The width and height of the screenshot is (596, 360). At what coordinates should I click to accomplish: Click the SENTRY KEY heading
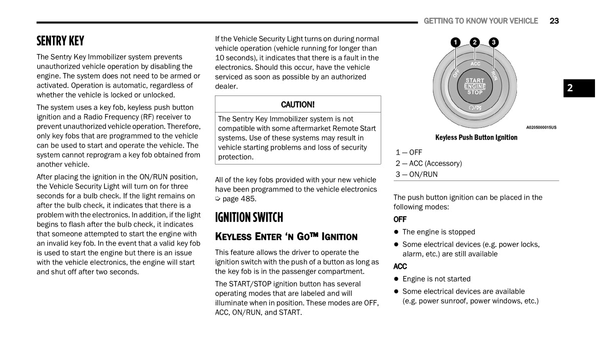(61, 40)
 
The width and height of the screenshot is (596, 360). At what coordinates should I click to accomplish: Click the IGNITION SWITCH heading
(249, 217)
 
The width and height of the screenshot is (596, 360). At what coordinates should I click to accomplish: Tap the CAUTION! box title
(298, 104)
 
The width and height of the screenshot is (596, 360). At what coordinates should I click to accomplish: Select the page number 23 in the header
(554, 21)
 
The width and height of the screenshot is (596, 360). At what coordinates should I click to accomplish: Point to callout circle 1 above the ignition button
(455, 42)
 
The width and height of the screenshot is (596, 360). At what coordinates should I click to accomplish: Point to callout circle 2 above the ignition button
(474, 42)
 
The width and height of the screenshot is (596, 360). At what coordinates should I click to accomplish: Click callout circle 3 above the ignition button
(493, 42)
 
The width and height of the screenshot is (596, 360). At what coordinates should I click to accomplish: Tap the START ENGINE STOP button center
(475, 86)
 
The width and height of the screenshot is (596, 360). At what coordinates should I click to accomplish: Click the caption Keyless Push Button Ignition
(476, 137)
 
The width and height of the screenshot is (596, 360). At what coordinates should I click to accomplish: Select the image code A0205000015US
(541, 127)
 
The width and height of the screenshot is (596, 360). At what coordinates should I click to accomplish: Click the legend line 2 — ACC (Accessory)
(429, 163)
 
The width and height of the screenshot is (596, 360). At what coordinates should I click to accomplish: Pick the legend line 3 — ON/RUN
(416, 174)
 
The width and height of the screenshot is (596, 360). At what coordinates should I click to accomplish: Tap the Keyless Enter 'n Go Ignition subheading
(286, 236)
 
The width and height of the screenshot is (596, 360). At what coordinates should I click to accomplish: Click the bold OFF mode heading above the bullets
(400, 219)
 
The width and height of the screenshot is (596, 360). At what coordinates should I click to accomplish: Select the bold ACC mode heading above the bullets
(400, 266)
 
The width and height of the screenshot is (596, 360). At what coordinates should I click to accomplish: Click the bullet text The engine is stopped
(438, 232)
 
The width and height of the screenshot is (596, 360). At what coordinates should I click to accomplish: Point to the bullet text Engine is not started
(436, 279)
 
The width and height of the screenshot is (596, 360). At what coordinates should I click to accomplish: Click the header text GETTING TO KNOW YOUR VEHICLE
(480, 21)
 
